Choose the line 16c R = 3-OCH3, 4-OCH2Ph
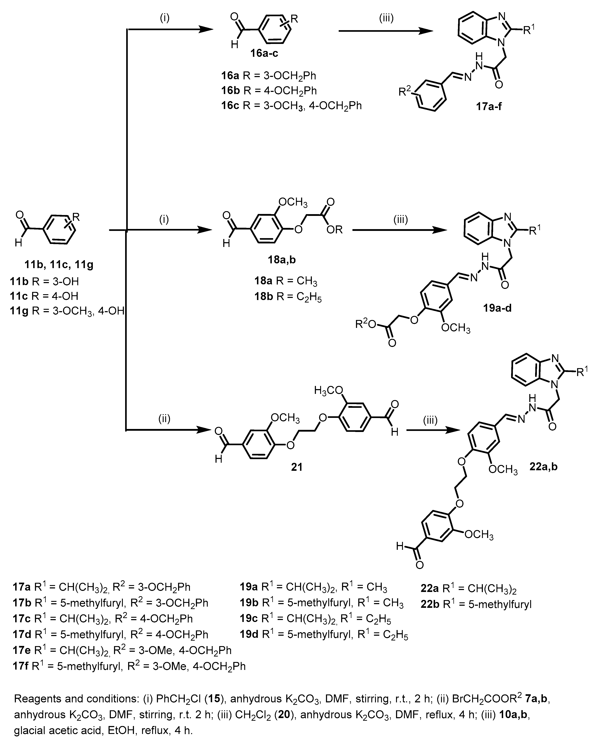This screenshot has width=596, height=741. (x=291, y=105)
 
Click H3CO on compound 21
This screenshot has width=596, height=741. (x=328, y=390)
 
